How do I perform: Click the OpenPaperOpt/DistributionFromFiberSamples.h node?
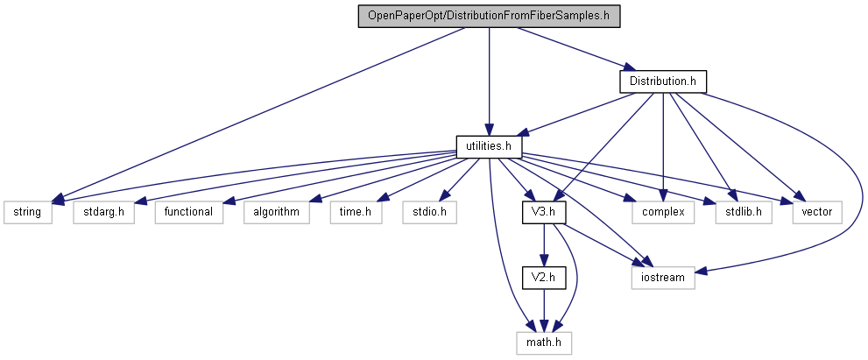pyautogui.click(x=489, y=16)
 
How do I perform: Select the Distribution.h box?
pyautogui.click(x=662, y=81)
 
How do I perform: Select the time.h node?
pyautogui.click(x=355, y=211)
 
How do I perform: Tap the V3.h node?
pyautogui.click(x=545, y=211)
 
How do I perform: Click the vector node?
pyautogui.click(x=816, y=211)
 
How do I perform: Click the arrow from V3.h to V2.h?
pyautogui.click(x=545, y=244)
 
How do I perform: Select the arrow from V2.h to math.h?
pyautogui.click(x=545, y=309)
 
